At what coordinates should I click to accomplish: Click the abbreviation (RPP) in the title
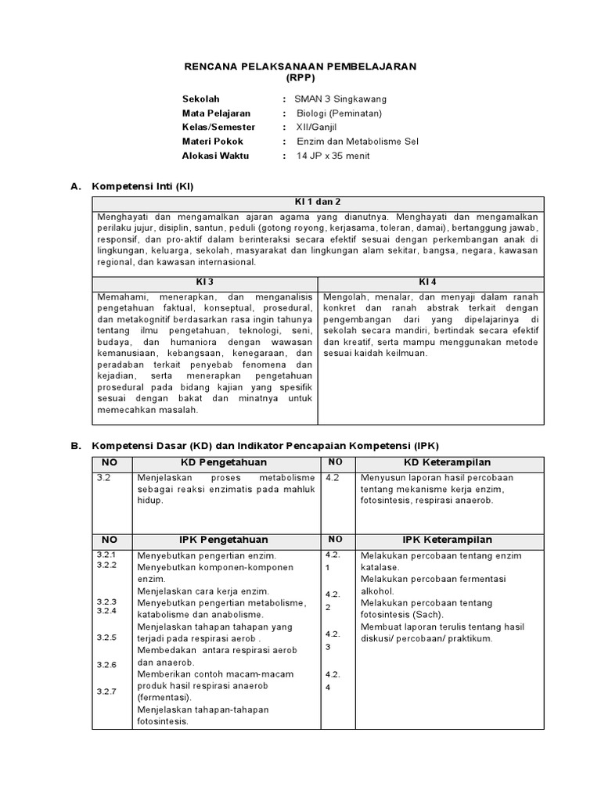pyautogui.click(x=300, y=79)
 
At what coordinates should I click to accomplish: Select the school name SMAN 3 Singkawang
pyautogui.click(x=340, y=99)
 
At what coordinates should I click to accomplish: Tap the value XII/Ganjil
pyautogui.click(x=323, y=128)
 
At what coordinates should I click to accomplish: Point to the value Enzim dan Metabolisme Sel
pyautogui.click(x=358, y=142)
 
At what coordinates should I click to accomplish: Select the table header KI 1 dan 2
pyautogui.click(x=318, y=201)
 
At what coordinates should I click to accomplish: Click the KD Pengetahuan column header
pyautogui.click(x=225, y=462)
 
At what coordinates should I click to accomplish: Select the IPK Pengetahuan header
pyautogui.click(x=225, y=540)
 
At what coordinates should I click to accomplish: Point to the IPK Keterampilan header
pyautogui.click(x=447, y=540)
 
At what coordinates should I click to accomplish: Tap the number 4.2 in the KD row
pyautogui.click(x=332, y=476)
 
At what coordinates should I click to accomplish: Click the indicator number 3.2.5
pyautogui.click(x=106, y=638)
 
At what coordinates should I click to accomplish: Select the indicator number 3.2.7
pyautogui.click(x=106, y=691)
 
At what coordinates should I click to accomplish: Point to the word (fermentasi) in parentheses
pyautogui.click(x=164, y=697)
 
